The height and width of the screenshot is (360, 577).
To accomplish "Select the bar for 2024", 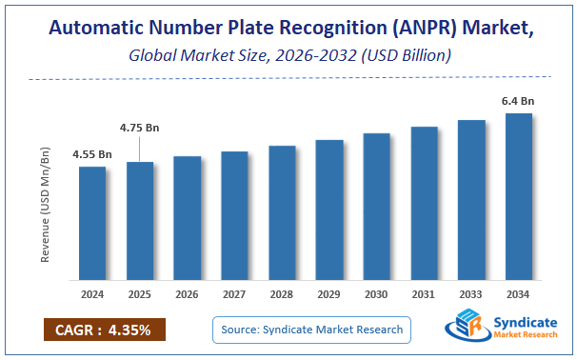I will click(x=92, y=224).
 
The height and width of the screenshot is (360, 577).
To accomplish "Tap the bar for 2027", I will click(x=234, y=216).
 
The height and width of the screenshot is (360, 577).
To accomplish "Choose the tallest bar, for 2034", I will click(x=519, y=197).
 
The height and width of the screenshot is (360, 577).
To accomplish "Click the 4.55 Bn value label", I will click(x=92, y=154).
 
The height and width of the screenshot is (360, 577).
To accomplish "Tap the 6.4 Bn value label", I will click(x=519, y=101).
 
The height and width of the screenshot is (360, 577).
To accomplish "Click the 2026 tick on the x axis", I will click(x=188, y=293).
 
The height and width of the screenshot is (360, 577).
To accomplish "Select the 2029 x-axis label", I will click(x=329, y=293).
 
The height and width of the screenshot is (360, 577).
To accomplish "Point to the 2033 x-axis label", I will click(x=471, y=293).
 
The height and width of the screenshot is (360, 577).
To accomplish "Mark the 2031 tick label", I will click(x=424, y=293).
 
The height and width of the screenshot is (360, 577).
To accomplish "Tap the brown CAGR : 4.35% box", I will click(x=104, y=330).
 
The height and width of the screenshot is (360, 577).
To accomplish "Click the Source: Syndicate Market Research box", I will click(x=310, y=330).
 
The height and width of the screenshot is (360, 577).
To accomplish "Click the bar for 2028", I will click(x=282, y=213).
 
